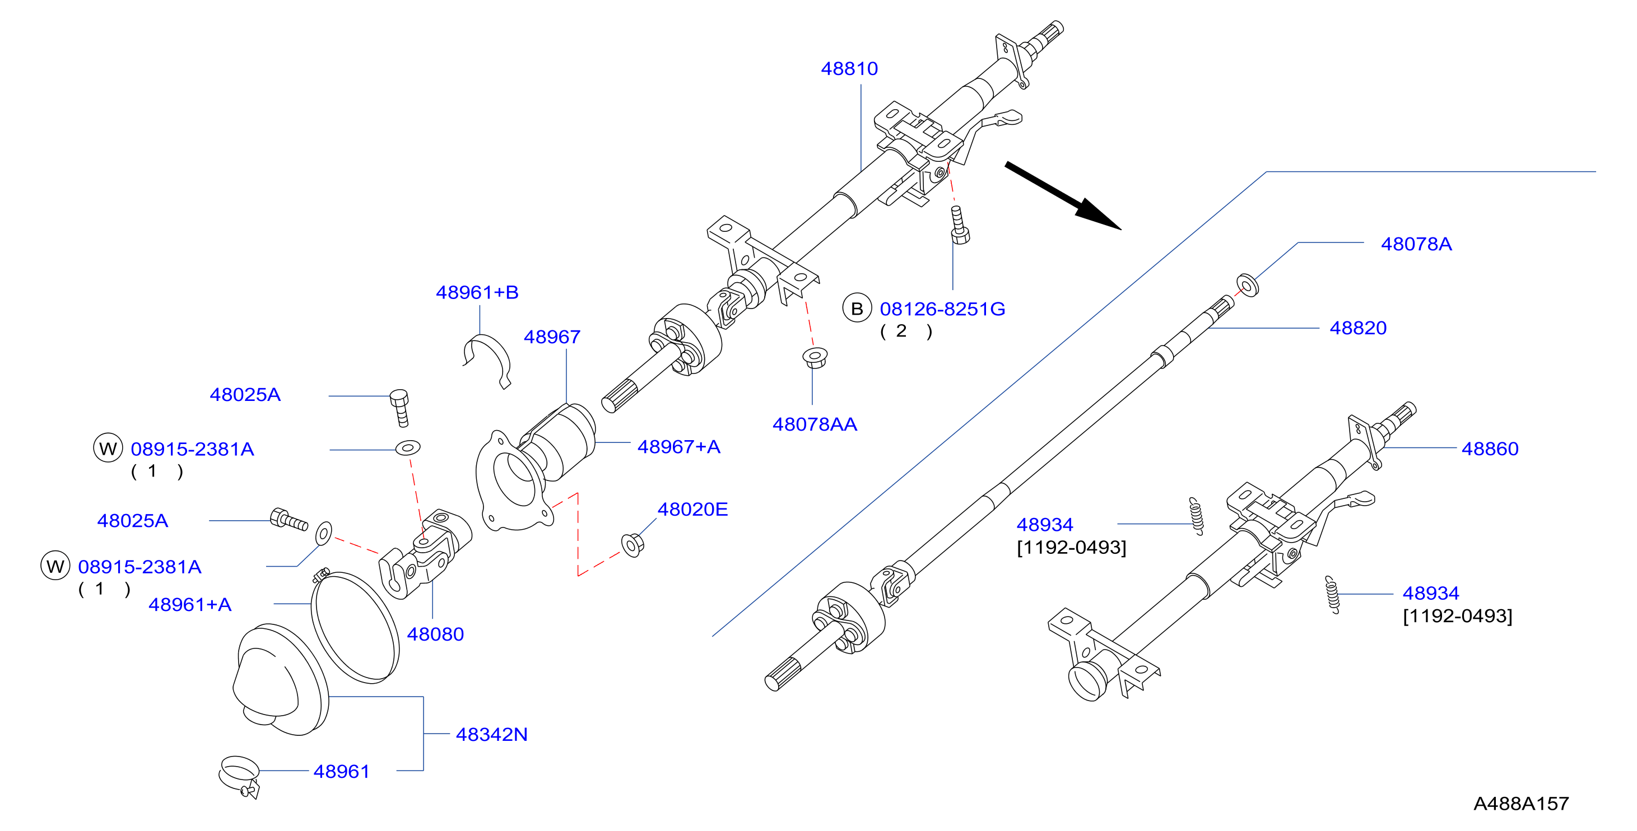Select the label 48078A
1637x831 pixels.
1416,244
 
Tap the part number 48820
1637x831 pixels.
1358,328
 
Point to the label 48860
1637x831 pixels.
1490,449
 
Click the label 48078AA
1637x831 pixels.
815,424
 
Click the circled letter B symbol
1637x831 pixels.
857,308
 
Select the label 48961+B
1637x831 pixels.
477,292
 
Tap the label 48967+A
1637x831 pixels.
678,447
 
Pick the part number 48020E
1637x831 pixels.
692,509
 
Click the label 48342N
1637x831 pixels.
492,735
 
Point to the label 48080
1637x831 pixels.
435,634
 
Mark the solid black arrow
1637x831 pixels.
1063,195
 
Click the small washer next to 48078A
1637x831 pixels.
1247,285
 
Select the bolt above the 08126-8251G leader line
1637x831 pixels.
959,225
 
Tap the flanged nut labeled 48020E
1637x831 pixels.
633,544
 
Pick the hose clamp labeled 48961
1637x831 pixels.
239,776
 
